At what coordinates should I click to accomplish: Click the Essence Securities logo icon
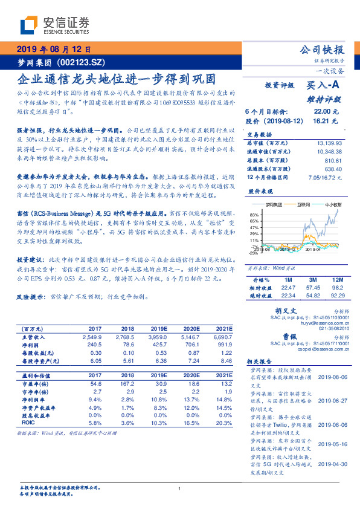[x=28, y=24]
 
